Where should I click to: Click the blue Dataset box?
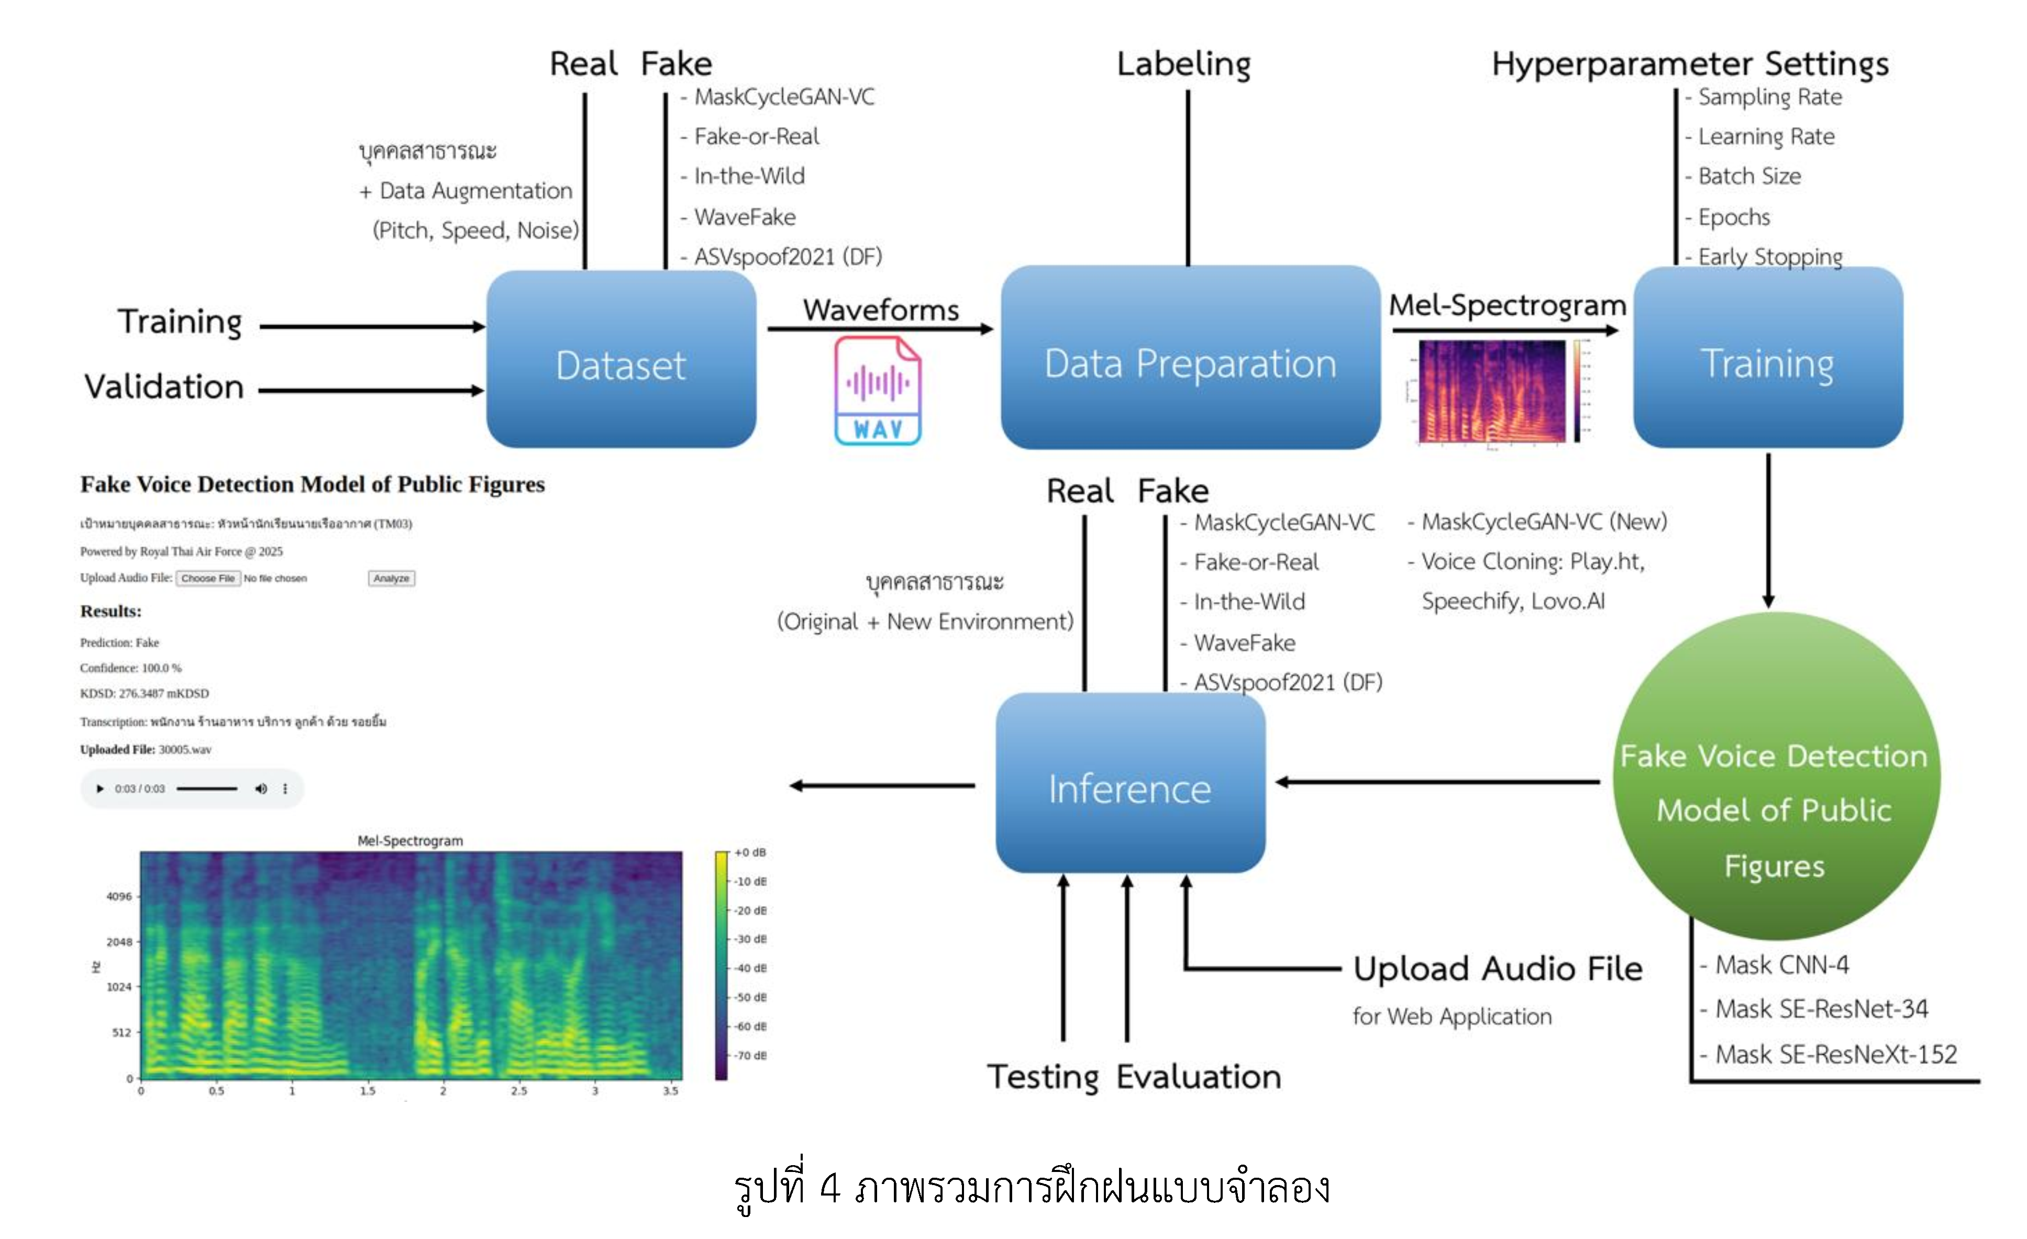coord(621,360)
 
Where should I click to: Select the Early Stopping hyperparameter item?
coord(1769,257)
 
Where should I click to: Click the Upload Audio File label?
coord(1497,969)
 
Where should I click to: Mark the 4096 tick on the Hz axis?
coord(119,897)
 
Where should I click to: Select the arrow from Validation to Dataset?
coord(370,391)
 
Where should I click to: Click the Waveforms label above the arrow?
coord(880,310)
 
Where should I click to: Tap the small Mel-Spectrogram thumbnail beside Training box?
coord(1492,392)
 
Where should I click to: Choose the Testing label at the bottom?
coord(1043,1077)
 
